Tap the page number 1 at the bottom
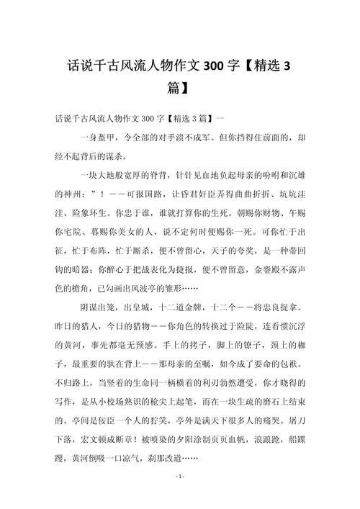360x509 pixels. [180, 477]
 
